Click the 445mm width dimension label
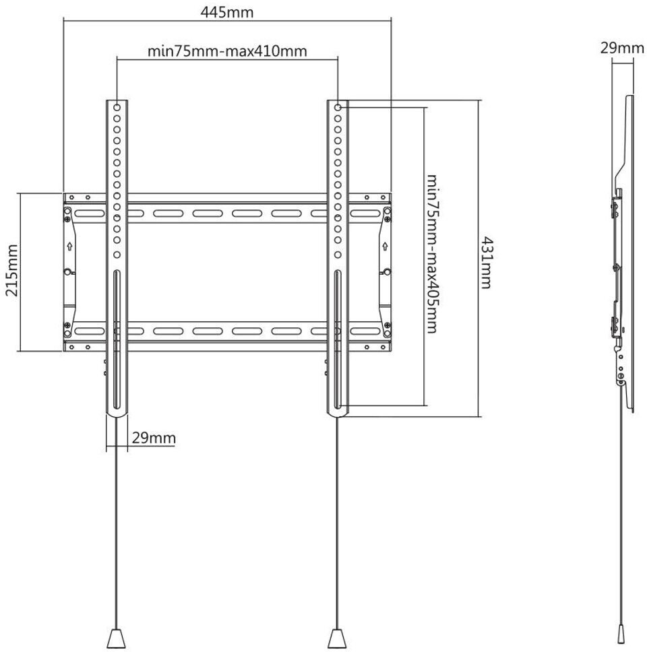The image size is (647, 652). [226, 13]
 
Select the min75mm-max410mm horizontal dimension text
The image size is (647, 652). [227, 51]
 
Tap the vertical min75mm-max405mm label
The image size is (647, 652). [432, 254]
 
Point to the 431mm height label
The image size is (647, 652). [485, 263]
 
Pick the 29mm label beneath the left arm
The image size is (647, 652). [154, 438]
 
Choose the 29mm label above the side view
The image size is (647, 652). [622, 48]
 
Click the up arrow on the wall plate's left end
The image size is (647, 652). [70, 245]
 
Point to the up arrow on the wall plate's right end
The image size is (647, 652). [384, 245]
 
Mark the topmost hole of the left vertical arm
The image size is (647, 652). [117, 106]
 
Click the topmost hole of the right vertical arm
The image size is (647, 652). [337, 106]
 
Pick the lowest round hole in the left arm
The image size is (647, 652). [117, 255]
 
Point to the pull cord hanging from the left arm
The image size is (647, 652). [117, 525]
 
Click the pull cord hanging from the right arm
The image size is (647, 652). [336, 525]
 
